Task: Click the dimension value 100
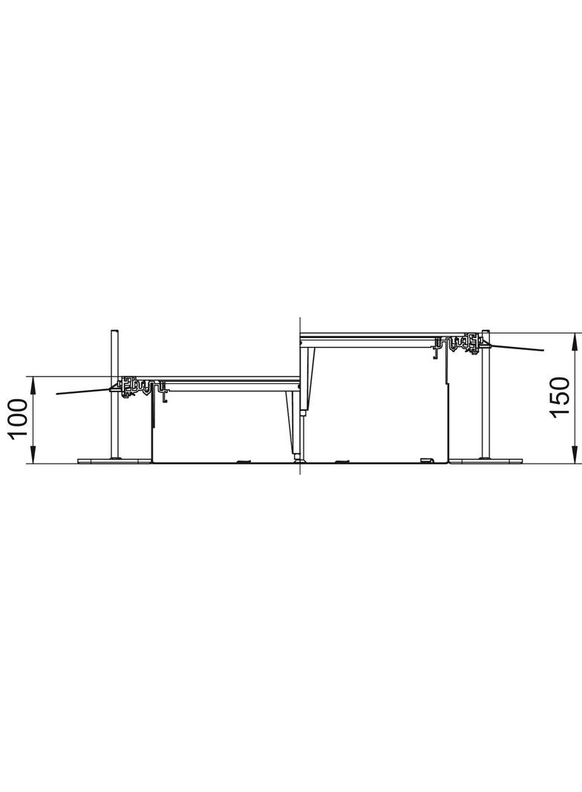(18, 420)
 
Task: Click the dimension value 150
(560, 397)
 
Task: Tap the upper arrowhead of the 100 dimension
(33, 386)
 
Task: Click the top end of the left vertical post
(115, 331)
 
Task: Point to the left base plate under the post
(114, 461)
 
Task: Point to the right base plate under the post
(485, 461)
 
